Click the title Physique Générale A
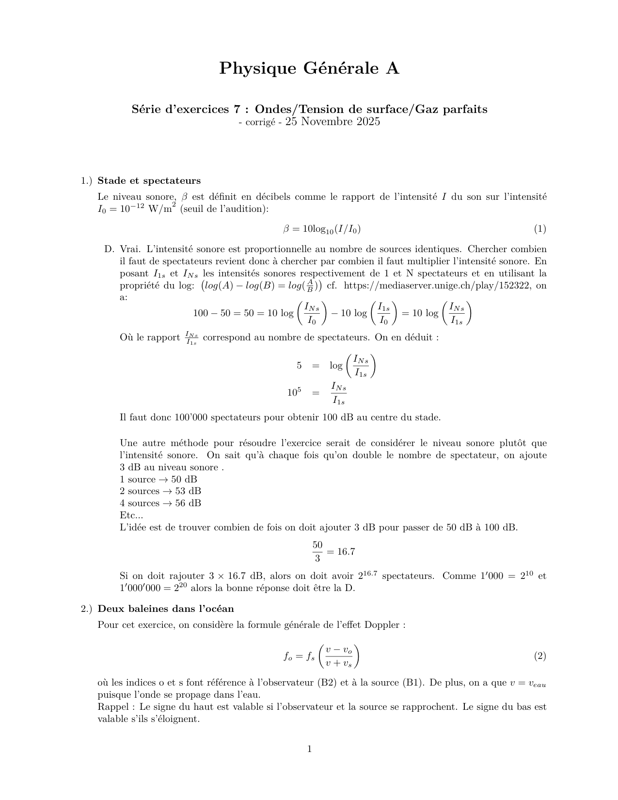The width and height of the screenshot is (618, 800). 309,68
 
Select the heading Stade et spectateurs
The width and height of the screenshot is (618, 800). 149,181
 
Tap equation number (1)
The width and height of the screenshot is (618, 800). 539,229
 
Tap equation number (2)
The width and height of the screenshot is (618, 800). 539,656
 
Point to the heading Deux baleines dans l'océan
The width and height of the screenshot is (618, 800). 165,609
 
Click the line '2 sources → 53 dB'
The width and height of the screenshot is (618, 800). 160,491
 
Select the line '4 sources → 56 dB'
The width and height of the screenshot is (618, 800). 160,503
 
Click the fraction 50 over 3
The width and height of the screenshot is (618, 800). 317,552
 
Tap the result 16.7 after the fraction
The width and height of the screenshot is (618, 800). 346,552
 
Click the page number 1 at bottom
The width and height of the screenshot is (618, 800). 309,750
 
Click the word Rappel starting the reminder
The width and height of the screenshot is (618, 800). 112,707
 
